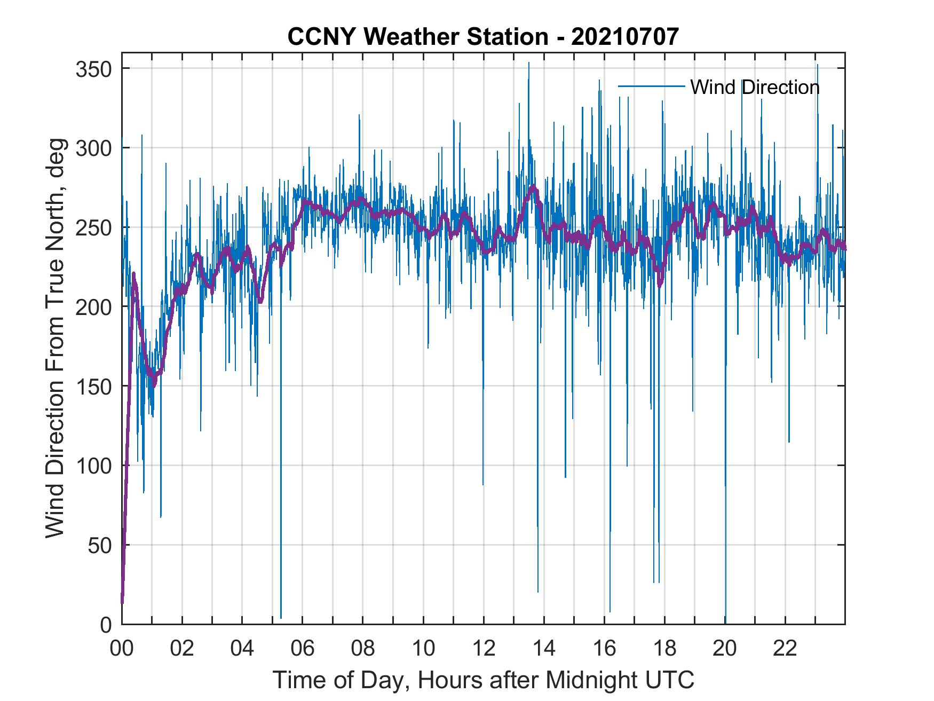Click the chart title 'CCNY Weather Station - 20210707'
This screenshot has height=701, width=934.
point(483,37)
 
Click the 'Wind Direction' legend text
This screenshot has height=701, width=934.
point(755,87)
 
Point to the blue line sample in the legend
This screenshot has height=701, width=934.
point(651,86)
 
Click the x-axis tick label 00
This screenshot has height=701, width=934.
point(122,649)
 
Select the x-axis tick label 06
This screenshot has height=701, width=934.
point(303,649)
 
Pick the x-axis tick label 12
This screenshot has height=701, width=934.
point(484,649)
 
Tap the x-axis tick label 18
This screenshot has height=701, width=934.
point(664,649)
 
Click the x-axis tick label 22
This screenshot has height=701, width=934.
point(785,649)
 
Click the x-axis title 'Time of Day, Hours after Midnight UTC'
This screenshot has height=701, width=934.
point(483,680)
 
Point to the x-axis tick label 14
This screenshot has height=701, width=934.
point(544,649)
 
